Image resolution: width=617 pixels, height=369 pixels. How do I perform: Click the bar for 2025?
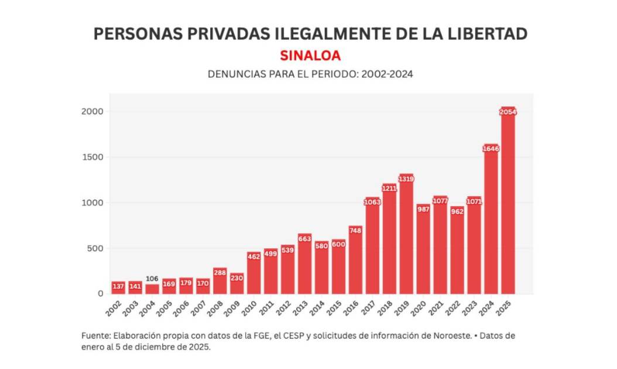point(508,202)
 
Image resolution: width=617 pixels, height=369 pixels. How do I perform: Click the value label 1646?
point(491,149)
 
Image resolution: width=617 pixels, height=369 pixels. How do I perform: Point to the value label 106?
point(152,279)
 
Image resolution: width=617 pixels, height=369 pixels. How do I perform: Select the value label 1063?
point(372,203)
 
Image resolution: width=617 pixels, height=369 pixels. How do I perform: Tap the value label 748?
point(355,231)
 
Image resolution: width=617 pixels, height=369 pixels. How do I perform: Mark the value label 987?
point(423,209)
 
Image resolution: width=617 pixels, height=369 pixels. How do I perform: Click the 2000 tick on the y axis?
point(92,112)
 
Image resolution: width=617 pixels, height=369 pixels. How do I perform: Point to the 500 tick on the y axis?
point(95,248)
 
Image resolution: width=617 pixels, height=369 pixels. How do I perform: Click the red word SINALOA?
point(310,56)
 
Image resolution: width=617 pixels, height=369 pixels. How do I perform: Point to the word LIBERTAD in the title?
point(478,34)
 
